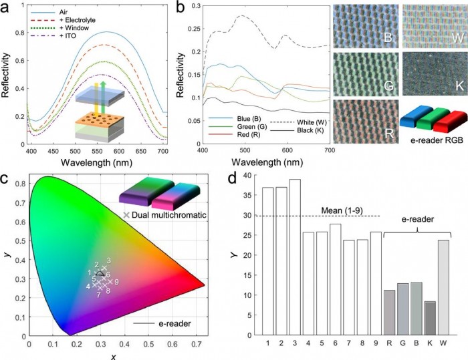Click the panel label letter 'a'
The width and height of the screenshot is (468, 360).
point(6,8)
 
